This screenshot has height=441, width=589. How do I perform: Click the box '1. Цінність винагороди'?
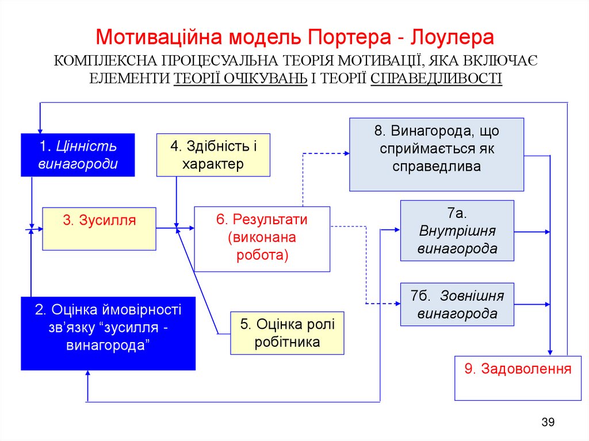78,155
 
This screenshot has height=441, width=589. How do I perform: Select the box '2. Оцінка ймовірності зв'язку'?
108,333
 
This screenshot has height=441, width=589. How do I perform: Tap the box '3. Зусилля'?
99,228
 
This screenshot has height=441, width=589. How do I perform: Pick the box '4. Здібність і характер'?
213,155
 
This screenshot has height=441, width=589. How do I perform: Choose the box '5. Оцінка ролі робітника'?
287,332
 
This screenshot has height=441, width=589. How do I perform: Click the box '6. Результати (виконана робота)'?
262,238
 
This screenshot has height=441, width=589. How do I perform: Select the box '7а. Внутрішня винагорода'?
457,231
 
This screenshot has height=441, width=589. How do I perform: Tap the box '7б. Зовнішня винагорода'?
457,304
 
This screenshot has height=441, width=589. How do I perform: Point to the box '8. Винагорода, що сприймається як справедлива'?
437,154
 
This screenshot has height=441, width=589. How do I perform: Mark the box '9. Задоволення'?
518,378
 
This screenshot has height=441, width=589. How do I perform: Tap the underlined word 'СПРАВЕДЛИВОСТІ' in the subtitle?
437,78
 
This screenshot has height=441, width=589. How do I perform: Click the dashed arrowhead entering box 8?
346,154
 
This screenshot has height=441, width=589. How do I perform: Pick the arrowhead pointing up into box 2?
87,373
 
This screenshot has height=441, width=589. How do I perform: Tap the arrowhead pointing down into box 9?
550,352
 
